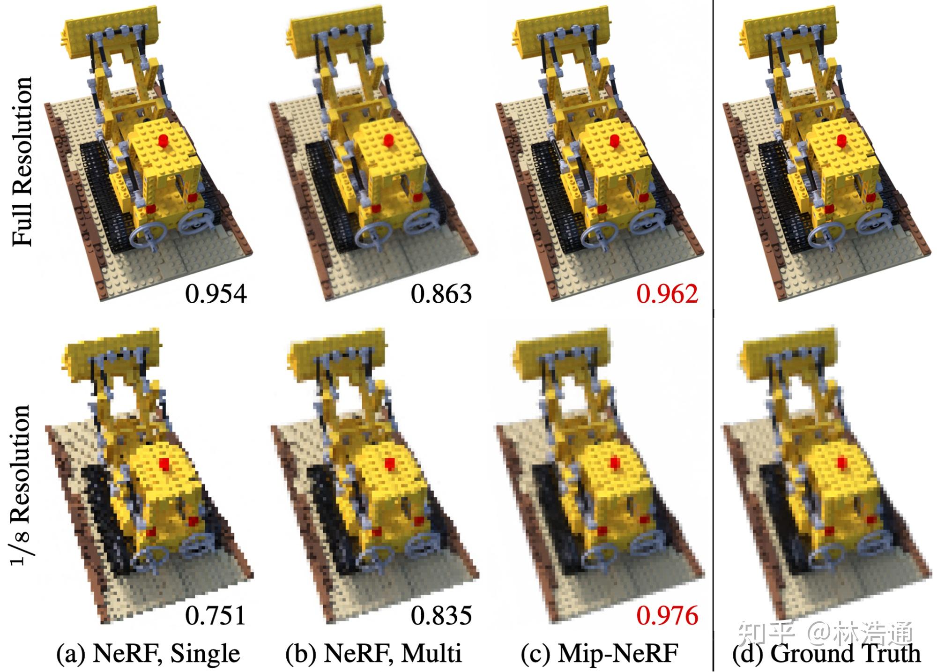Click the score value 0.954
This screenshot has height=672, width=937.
point(216,294)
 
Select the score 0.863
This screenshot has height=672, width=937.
point(441,294)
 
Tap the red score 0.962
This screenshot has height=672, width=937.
point(667,294)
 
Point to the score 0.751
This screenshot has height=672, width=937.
point(216,615)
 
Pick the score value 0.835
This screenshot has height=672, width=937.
point(441,615)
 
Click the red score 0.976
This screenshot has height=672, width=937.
point(667,615)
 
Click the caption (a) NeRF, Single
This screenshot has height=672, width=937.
point(148,653)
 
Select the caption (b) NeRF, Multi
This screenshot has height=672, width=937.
point(373,653)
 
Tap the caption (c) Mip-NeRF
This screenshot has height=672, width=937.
point(599,653)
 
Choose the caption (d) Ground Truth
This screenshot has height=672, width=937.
point(826,653)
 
